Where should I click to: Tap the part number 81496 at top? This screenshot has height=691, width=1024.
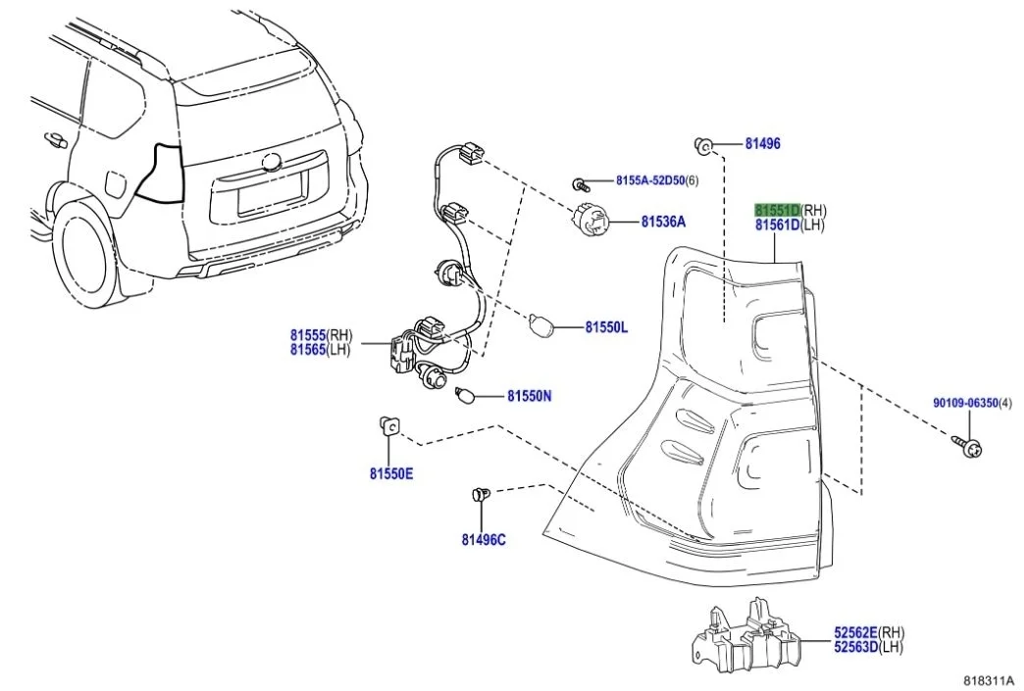762,144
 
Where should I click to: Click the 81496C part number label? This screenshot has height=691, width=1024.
484,539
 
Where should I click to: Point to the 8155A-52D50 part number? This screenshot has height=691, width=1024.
648,181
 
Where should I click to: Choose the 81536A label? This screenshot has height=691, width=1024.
663,222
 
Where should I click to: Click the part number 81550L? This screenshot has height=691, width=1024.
606,327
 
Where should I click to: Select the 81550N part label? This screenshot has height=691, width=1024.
529,397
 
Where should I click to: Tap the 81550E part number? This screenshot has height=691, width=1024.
391,474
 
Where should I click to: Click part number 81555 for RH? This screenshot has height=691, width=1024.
307,335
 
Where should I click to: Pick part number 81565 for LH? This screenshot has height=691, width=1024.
307,349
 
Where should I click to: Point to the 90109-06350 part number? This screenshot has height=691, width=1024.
963,403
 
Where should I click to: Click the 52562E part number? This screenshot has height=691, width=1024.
855,633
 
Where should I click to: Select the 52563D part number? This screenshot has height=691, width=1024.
855,647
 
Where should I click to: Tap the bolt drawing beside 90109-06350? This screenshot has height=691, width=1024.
967,447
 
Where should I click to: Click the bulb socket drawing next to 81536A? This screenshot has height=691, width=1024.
591,221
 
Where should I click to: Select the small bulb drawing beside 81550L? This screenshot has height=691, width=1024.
540,324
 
